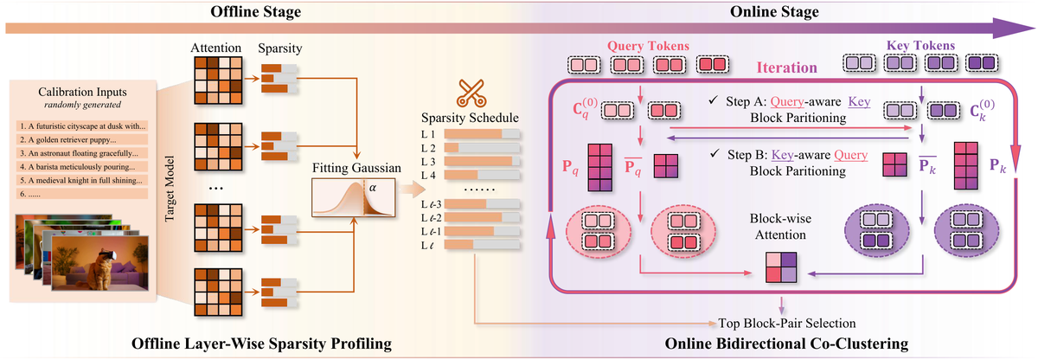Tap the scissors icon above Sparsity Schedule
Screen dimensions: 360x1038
click(x=473, y=92)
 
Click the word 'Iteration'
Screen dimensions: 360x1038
click(x=786, y=67)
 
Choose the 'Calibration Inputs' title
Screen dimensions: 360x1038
click(x=82, y=93)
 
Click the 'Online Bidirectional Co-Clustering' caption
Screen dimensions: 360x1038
click(x=786, y=344)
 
